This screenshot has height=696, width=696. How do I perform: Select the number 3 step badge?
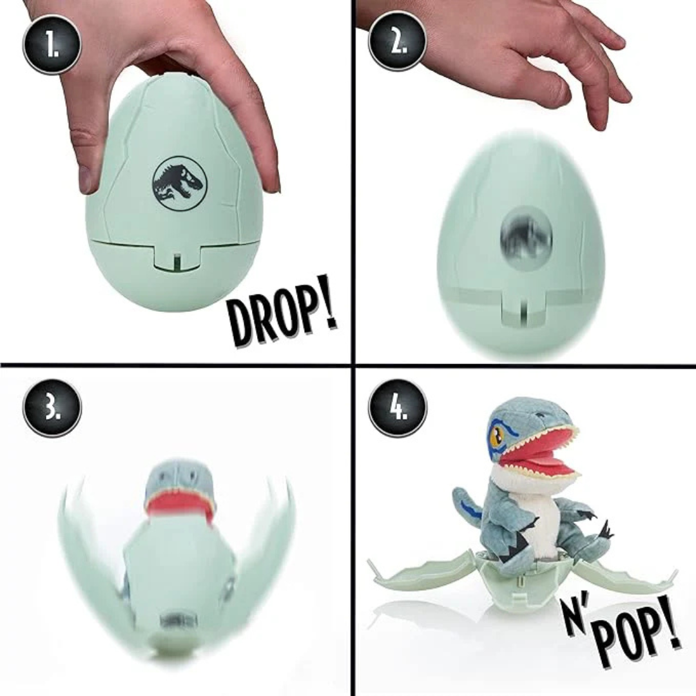[52, 408]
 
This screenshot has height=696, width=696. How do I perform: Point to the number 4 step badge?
[398, 408]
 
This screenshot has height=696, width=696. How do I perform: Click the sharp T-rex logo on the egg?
[179, 183]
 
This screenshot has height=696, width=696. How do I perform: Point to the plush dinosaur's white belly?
[538, 516]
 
